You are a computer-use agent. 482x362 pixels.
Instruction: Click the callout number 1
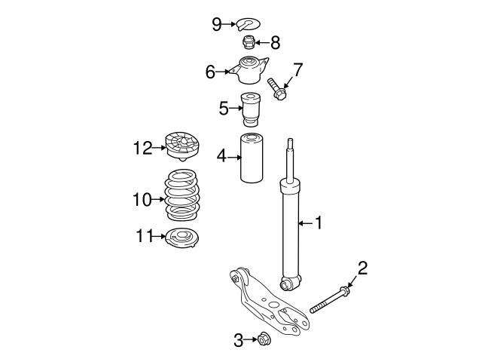pos(318,222)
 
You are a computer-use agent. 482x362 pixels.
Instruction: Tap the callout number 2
pos(362,268)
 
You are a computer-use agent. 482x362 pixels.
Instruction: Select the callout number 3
pos(239,341)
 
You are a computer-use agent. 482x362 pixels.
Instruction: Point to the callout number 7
pos(297,71)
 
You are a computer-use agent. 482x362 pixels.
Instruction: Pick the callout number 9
pos(217,25)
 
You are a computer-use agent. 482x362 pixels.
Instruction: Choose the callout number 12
pos(143,148)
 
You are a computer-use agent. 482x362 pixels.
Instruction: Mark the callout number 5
pos(223,109)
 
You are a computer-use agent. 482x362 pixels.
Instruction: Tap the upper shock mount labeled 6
pos(250,72)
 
